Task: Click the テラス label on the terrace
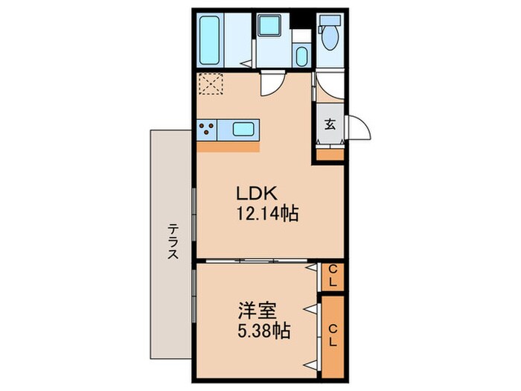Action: [172, 241]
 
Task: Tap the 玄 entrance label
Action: [329, 124]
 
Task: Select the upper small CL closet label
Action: [333, 275]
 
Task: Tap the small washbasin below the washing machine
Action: [301, 55]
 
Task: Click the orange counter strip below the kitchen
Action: [228, 146]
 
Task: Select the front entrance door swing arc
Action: [359, 130]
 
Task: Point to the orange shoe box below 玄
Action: [329, 155]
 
